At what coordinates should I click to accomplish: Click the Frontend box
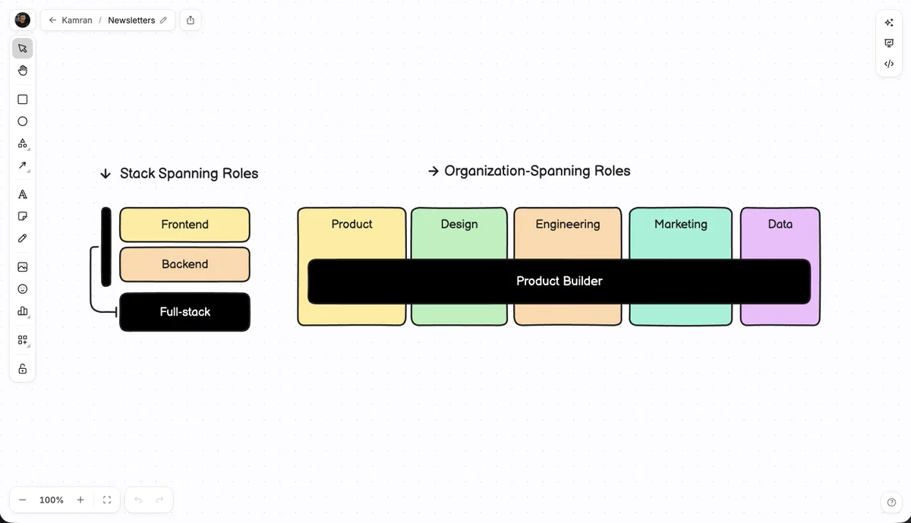tap(184, 225)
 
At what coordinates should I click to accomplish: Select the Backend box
tap(184, 264)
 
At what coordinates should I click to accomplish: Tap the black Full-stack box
tap(184, 312)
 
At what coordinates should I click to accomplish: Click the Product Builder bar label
tap(560, 281)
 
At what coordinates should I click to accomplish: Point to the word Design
tap(459, 224)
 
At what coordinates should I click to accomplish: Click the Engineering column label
tap(568, 224)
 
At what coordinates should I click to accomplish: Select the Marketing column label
tap(681, 224)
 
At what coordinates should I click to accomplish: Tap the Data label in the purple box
tap(780, 224)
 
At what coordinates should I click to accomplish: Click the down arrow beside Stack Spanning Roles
tap(106, 174)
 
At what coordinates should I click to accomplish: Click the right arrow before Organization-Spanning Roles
tap(433, 171)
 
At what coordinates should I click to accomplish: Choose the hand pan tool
tap(23, 71)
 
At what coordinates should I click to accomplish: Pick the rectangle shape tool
tap(23, 99)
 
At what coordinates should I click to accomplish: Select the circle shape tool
tap(23, 121)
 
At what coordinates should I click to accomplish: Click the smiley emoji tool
tap(23, 288)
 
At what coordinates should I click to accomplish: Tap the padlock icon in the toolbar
tap(23, 368)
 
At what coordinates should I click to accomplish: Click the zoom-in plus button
tap(80, 499)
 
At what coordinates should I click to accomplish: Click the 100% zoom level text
tap(52, 499)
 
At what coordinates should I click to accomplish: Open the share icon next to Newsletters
tap(191, 20)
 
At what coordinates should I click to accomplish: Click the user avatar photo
tap(22, 20)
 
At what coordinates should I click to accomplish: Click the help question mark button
tap(891, 503)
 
